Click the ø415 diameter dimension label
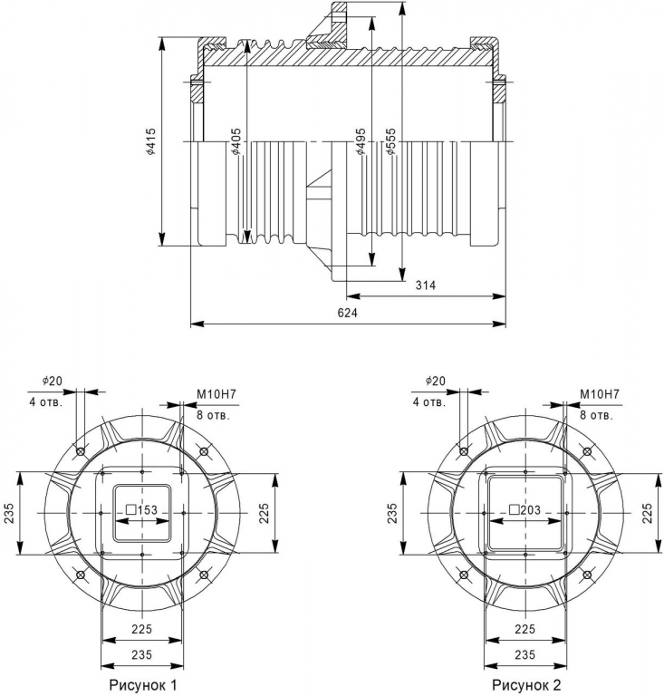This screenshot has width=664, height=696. point(151,141)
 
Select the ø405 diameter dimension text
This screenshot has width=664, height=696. point(236,141)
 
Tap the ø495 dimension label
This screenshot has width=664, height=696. point(361,141)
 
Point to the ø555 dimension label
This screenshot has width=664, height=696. point(390,141)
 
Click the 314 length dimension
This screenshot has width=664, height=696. point(426,285)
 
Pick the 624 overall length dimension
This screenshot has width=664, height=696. point(347,313)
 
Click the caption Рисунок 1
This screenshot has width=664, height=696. point(143,685)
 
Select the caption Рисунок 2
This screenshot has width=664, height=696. point(526,685)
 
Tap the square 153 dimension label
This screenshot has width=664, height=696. point(142,510)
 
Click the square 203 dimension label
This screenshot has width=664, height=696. point(525,510)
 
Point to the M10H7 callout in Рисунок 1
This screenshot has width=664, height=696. point(217,394)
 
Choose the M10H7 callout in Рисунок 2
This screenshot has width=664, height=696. point(600,394)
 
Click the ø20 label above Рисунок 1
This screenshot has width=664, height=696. point(53,381)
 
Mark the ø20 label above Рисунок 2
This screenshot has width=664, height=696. point(435,381)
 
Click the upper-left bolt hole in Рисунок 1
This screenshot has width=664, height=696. point(81,451)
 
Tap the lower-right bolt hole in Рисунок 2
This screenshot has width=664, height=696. point(587,575)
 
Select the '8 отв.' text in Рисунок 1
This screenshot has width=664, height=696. point(214,415)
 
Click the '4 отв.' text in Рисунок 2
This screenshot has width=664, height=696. point(429,402)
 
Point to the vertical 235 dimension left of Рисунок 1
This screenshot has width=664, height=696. point(9,513)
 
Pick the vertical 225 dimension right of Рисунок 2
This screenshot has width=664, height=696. point(648,513)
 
